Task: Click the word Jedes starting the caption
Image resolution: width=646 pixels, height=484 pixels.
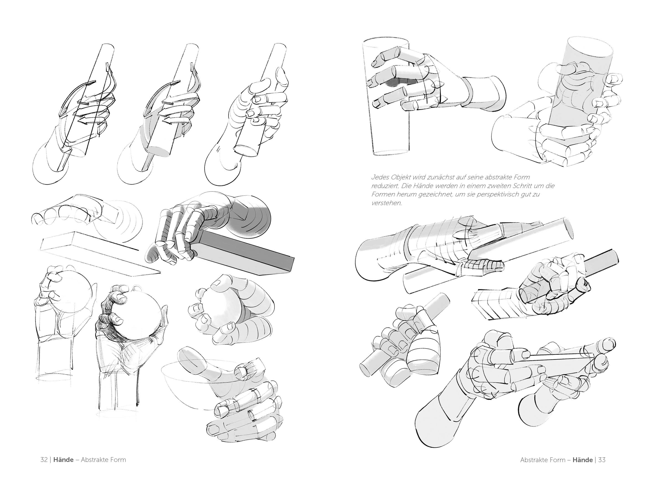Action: [380, 177]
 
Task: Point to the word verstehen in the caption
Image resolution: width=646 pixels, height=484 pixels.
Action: [386, 203]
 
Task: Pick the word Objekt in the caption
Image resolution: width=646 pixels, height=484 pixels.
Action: [401, 177]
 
